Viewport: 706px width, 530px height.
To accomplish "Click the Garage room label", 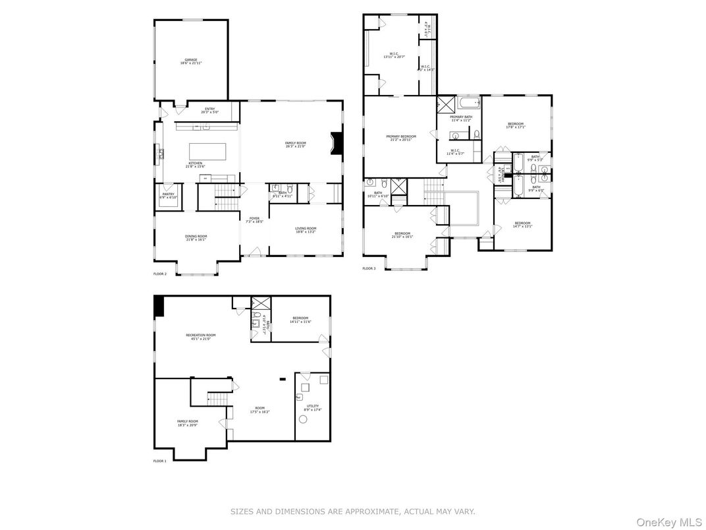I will pyautogui.click(x=190, y=61).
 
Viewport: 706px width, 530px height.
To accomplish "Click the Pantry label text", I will pyautogui.click(x=168, y=196).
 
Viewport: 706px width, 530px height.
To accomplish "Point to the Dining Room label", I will pyautogui.click(x=196, y=238).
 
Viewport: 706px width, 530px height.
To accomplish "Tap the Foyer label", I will pyautogui.click(x=254, y=220).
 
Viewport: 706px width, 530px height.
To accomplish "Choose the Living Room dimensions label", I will pyautogui.click(x=306, y=232).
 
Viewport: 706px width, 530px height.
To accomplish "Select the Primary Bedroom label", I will pyautogui.click(x=400, y=138).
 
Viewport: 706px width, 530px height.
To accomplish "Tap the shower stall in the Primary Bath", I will pyautogui.click(x=446, y=104).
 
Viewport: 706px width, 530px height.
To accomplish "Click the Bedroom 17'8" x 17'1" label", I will pyautogui.click(x=515, y=125).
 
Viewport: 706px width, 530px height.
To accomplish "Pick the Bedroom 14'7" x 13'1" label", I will pyautogui.click(x=522, y=224).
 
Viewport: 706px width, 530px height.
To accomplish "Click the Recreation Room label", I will pyautogui.click(x=200, y=336).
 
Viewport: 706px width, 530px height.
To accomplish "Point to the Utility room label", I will pyautogui.click(x=313, y=407).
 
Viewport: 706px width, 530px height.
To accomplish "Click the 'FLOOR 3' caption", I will pyautogui.click(x=369, y=268).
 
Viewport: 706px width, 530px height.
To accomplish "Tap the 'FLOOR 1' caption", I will pyautogui.click(x=160, y=461).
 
